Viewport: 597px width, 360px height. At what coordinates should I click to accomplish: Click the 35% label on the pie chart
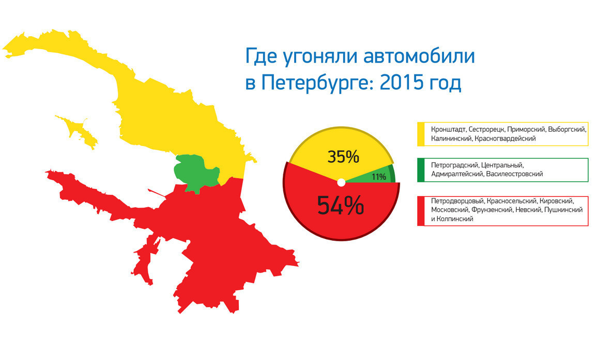coord(343,156)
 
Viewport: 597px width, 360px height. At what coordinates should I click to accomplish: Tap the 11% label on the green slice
coord(379,177)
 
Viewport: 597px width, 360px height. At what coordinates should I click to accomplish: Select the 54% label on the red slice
coord(341,205)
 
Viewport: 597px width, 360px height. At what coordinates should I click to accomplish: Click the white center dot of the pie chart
coord(341,183)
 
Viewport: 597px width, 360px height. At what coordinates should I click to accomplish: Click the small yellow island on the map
coord(78,131)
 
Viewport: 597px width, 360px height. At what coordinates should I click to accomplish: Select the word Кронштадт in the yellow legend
coord(448,130)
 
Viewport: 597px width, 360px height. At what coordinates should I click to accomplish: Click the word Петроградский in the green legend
coord(454,165)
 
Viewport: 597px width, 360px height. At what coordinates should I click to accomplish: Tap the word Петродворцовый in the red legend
coord(457,201)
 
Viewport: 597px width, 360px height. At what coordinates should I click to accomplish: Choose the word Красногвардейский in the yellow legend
coord(505,138)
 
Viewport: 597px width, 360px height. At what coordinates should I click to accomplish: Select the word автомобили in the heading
coord(419,56)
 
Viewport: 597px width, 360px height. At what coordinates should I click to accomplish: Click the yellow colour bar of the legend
coord(421,134)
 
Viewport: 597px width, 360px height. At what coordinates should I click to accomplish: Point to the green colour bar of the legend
coord(421,170)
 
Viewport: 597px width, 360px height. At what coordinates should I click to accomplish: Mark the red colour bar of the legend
coord(421,211)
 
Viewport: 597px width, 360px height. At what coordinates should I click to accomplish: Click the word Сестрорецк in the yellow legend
coord(486,130)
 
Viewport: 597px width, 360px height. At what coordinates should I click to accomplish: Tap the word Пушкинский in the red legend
coord(563,210)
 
